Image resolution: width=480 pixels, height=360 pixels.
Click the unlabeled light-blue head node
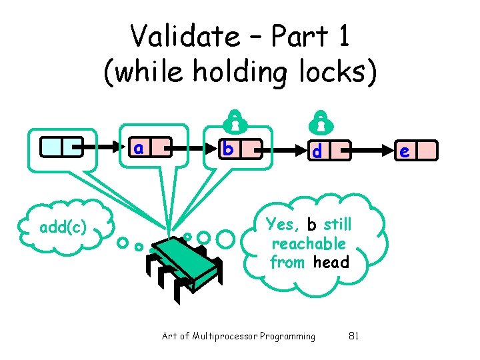click(x=61, y=146)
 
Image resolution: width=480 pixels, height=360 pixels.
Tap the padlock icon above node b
click(x=233, y=121)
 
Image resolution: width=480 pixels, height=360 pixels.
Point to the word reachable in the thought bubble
click(x=309, y=243)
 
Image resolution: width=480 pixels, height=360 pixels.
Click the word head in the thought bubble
click(x=331, y=262)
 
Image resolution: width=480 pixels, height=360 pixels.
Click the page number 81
click(x=354, y=336)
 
